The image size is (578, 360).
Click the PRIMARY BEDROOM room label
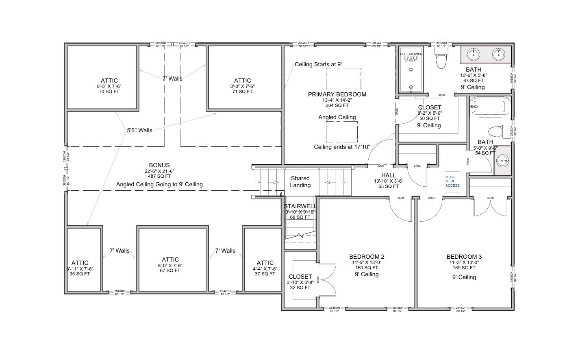click(x=337, y=94)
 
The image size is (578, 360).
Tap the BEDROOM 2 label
click(x=367, y=257)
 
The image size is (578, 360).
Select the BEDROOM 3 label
click(x=464, y=257)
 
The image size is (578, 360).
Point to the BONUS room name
click(x=159, y=165)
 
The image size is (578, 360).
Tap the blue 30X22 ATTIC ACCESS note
click(x=452, y=181)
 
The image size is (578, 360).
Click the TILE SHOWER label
click(x=411, y=54)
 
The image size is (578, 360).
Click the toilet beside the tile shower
click(x=440, y=61)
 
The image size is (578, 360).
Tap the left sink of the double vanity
click(x=474, y=54)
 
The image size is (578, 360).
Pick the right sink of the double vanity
click(x=498, y=54)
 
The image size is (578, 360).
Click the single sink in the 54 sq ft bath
click(x=503, y=161)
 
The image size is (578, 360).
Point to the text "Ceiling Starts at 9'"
click(x=318, y=64)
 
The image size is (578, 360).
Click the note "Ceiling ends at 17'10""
click(x=342, y=147)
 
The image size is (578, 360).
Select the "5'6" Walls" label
click(x=139, y=130)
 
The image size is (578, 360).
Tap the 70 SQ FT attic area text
click(x=109, y=92)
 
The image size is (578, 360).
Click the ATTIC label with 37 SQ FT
click(x=265, y=263)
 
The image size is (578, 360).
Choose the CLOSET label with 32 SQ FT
click(x=300, y=277)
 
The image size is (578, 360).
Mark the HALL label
click(x=389, y=175)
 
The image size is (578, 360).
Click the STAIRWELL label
click(x=300, y=207)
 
